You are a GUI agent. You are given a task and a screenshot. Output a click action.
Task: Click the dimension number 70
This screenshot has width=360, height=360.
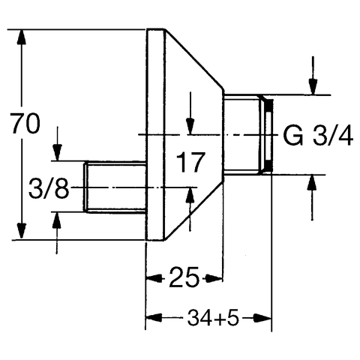(25, 124)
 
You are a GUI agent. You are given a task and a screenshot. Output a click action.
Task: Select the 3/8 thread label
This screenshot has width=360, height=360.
(49, 188)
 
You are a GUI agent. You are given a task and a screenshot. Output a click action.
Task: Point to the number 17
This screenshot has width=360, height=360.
(190, 162)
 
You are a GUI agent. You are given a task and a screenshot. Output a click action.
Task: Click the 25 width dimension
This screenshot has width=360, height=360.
(184, 277)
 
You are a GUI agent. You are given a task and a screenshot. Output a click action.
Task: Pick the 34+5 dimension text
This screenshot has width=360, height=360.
(213, 318)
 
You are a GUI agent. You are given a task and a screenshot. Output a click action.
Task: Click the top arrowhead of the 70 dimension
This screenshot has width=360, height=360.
(22, 37)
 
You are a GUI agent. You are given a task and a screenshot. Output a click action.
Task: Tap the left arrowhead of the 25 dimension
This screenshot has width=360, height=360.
(154, 277)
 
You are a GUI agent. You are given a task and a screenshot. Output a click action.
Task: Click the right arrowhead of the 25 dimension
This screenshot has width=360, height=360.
(214, 277)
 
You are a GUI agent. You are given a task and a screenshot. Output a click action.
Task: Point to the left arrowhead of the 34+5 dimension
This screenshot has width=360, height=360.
(154, 318)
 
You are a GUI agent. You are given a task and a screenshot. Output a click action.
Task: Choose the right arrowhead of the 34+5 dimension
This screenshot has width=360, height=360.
(263, 318)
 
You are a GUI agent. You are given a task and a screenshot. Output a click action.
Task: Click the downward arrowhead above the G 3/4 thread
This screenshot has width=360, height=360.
(313, 86)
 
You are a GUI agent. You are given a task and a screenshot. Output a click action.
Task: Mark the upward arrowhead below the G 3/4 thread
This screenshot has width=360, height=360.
(312, 183)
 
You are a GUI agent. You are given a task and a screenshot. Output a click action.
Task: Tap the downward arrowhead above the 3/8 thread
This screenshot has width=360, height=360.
(58, 152)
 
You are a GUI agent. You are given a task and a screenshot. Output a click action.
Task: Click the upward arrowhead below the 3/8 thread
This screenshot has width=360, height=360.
(57, 220)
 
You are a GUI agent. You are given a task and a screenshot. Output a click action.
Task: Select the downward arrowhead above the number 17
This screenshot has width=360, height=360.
(190, 127)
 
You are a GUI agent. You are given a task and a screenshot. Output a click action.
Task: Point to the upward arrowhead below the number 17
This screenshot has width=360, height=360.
(190, 196)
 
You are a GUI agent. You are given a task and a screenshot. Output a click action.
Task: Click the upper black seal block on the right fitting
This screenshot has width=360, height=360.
(269, 105)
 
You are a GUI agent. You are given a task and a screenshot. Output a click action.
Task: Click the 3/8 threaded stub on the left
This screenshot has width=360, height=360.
(115, 187)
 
